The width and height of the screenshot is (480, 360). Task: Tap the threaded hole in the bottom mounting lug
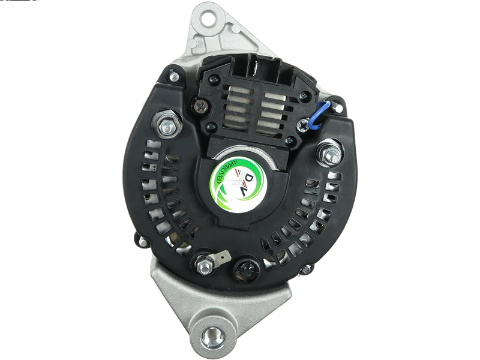211,334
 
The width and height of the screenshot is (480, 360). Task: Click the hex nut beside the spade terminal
203,264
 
